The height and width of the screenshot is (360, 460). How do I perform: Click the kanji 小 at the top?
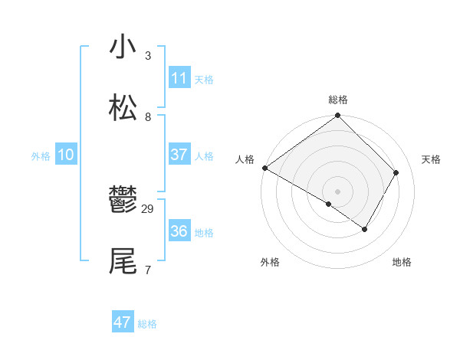123,47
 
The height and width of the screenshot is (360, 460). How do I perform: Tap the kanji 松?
123,108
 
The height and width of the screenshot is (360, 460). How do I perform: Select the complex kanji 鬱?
123,201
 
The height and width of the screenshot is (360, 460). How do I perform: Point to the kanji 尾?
123,261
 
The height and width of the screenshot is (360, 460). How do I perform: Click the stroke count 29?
148,208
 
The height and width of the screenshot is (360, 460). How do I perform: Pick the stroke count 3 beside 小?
148,55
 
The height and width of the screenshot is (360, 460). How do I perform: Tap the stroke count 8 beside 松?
148,116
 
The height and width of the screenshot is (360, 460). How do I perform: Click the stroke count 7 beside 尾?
148,270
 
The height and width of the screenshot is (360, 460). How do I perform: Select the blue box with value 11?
179,77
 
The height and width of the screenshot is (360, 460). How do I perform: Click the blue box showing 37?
179,154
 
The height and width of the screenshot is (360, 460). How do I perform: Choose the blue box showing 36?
179,231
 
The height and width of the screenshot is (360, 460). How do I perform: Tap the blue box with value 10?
66,155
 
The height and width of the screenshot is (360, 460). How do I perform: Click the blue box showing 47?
123,322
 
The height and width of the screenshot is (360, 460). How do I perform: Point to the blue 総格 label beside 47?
147,324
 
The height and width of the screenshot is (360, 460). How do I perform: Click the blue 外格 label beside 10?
41,156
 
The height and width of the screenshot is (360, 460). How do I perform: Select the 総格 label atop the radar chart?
338,100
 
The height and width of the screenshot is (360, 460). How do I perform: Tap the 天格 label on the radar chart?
431,159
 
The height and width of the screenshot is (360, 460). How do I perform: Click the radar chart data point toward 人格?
264,168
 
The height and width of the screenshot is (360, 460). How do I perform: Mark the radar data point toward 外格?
329,205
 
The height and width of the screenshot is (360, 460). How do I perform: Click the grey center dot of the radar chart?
337,191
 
